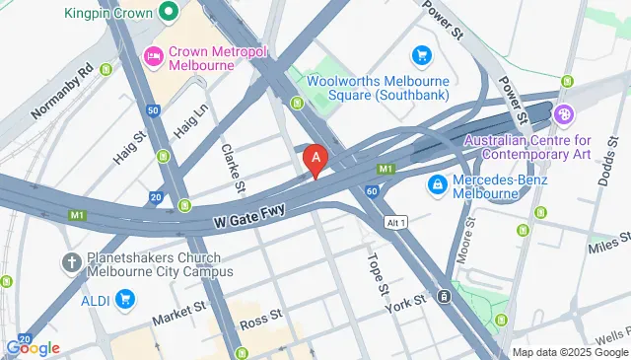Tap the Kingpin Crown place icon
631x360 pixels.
tap(168, 14)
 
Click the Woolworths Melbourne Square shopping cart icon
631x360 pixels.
tap(422, 55)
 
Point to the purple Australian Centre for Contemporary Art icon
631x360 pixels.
tap(563, 113)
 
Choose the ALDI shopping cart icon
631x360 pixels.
tap(124, 297)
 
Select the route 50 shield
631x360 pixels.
tap(152, 110)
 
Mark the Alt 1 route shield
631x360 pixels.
tap(394, 221)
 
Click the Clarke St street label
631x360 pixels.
tap(234, 163)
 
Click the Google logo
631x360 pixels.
tap(33, 347)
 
